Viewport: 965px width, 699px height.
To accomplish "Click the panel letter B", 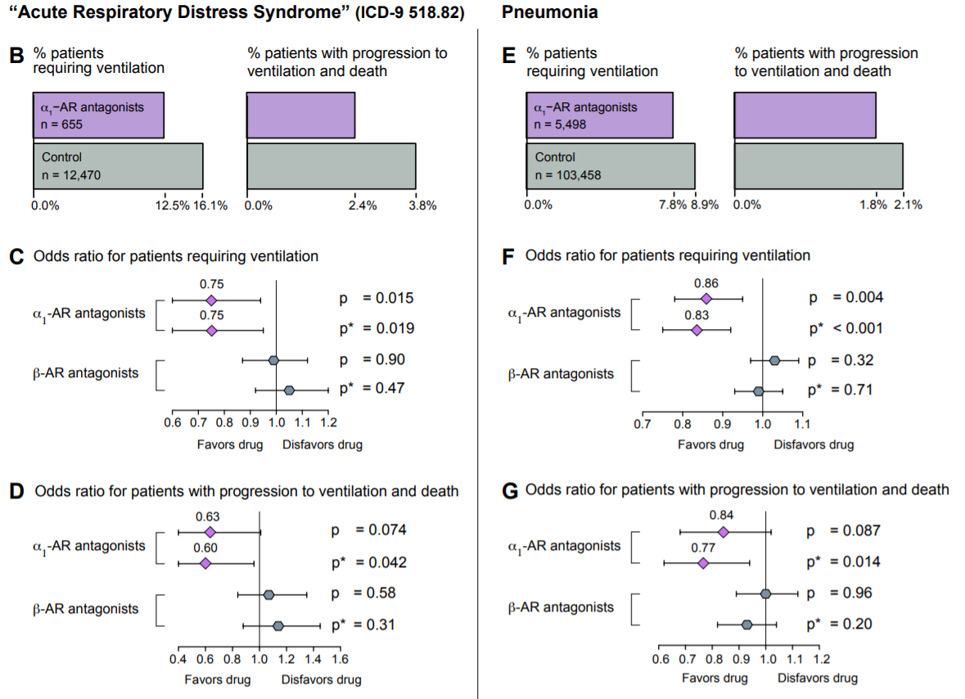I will [x=16, y=56].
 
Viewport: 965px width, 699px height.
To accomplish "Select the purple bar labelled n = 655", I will [x=98, y=115].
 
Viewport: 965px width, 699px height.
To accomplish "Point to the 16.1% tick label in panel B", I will [x=210, y=205].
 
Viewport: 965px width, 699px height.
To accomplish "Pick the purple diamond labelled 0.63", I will [x=209, y=532].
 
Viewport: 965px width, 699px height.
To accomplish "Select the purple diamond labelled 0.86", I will [x=706, y=299].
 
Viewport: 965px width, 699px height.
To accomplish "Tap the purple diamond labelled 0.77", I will [x=702, y=563].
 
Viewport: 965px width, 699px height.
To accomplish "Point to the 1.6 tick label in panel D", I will [x=340, y=658].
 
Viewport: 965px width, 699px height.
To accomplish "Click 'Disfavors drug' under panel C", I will [x=322, y=444].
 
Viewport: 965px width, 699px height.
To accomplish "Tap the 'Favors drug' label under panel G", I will [x=715, y=678].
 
